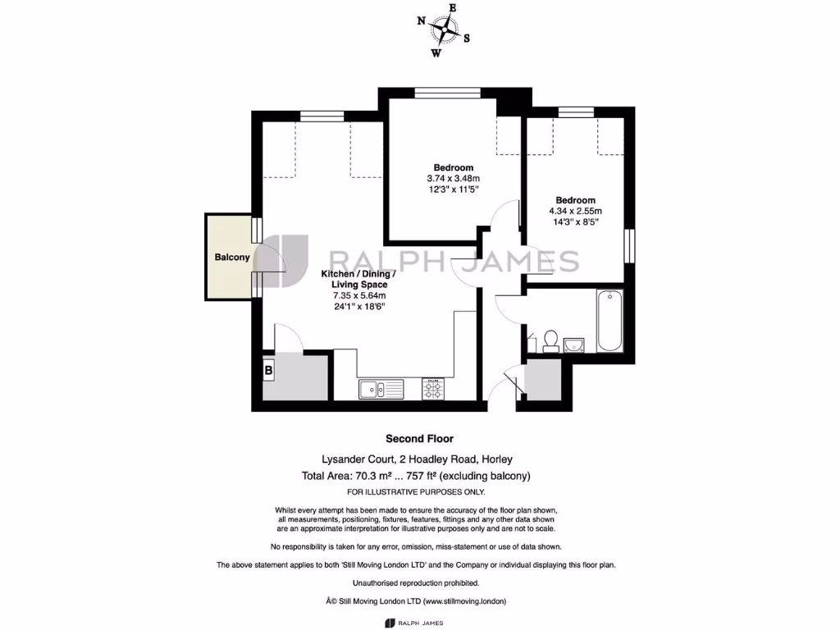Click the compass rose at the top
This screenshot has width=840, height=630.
pos(444,31)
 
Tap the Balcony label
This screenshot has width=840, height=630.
pos(232,258)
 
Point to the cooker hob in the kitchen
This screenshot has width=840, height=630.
pos(433,388)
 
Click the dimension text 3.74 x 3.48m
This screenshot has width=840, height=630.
pos(452,178)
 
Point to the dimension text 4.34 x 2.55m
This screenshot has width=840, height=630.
pos(575,211)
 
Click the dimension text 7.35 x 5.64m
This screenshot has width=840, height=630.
pos(358,295)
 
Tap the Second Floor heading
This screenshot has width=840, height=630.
pos(419,439)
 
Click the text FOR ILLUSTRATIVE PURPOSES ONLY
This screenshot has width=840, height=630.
pos(416,491)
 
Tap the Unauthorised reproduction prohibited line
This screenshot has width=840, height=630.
pos(416,582)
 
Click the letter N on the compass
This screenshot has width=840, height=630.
pos(422,22)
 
